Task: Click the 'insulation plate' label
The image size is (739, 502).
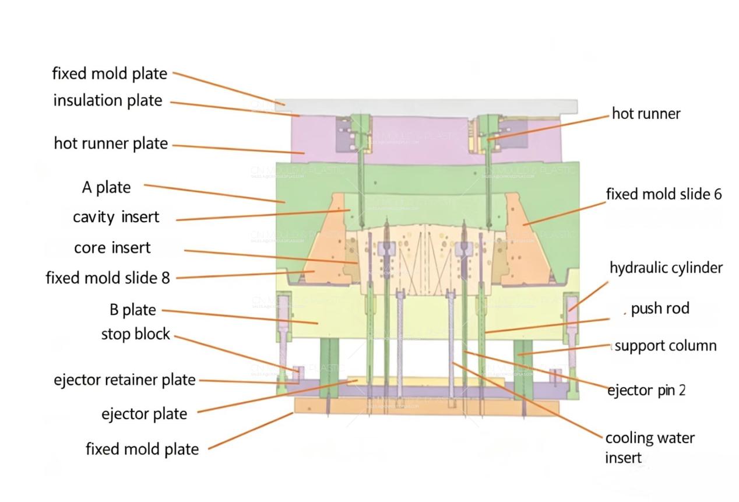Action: (x=108, y=100)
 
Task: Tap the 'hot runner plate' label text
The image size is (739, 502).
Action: (x=111, y=143)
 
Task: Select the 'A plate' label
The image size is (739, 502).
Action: (x=106, y=188)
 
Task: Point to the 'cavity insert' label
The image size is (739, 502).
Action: (x=116, y=217)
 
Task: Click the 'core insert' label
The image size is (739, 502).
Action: (x=112, y=248)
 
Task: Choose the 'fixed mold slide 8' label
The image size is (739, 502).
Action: (x=108, y=278)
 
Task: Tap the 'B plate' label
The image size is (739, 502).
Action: (x=132, y=310)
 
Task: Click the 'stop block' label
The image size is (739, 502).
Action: (x=136, y=334)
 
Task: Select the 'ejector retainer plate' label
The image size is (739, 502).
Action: (x=125, y=380)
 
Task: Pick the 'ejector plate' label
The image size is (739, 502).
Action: (x=144, y=414)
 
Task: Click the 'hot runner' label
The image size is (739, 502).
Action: (x=646, y=114)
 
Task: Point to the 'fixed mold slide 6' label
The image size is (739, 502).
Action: (x=664, y=194)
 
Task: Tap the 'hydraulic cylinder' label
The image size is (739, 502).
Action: (x=666, y=268)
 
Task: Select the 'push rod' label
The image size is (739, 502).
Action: (x=660, y=308)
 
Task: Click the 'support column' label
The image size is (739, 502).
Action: (x=666, y=346)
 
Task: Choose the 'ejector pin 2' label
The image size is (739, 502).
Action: (x=646, y=390)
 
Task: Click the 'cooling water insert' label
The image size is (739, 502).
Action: (x=650, y=447)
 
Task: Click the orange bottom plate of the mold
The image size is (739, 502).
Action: (x=425, y=406)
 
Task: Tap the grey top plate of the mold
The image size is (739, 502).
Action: (x=425, y=107)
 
